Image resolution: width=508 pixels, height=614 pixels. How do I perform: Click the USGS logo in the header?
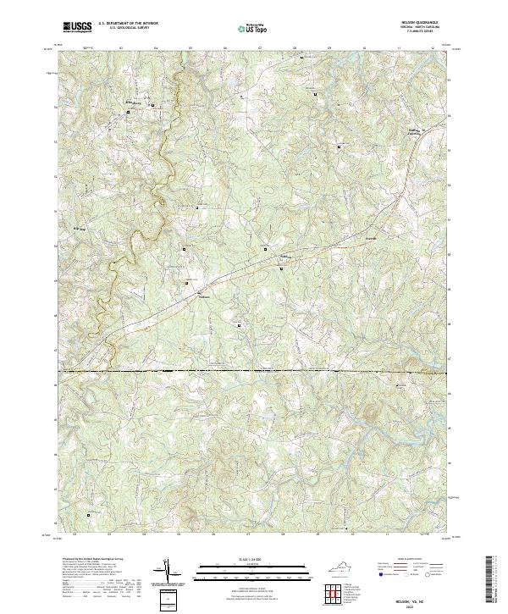[x=78, y=27]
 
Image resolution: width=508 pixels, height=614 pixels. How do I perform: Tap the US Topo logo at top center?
[x=253, y=28]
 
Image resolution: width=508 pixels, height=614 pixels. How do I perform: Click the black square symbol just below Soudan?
[x=282, y=268]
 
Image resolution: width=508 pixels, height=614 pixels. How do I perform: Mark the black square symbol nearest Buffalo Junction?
[x=340, y=147]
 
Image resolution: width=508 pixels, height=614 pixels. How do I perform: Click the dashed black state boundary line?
[x=254, y=371]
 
